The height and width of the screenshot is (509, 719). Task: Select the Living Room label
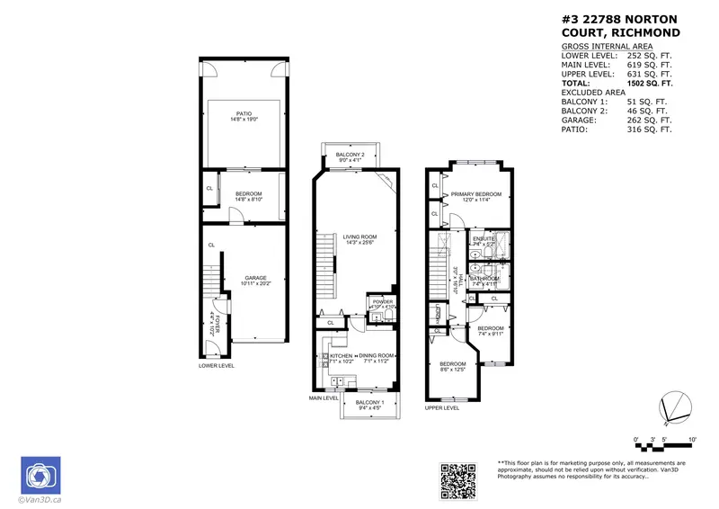pyautogui.click(x=358, y=238)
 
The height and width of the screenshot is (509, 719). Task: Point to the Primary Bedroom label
pyautogui.click(x=475, y=197)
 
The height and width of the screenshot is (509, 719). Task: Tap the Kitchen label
pyautogui.click(x=341, y=358)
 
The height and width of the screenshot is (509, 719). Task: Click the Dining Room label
pyautogui.click(x=376, y=358)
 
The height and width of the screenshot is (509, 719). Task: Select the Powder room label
pyautogui.click(x=380, y=303)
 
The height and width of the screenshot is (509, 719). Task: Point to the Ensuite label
pyautogui.click(x=484, y=240)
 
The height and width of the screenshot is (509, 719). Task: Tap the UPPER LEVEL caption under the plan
pyautogui.click(x=442, y=407)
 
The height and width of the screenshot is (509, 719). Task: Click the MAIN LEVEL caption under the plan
pyautogui.click(x=324, y=397)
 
